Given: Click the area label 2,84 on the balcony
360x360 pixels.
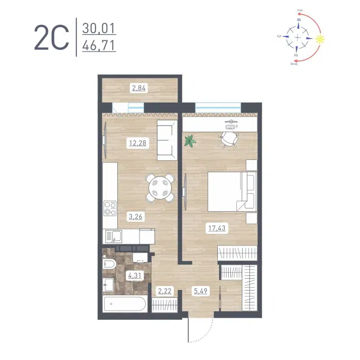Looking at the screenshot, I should (139, 88).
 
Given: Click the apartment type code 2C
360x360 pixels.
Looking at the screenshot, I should (51, 37).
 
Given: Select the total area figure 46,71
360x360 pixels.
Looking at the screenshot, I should (99, 45).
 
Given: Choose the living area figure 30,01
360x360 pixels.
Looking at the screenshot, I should (99, 29).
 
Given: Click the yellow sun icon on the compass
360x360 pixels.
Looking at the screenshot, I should (320, 39).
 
